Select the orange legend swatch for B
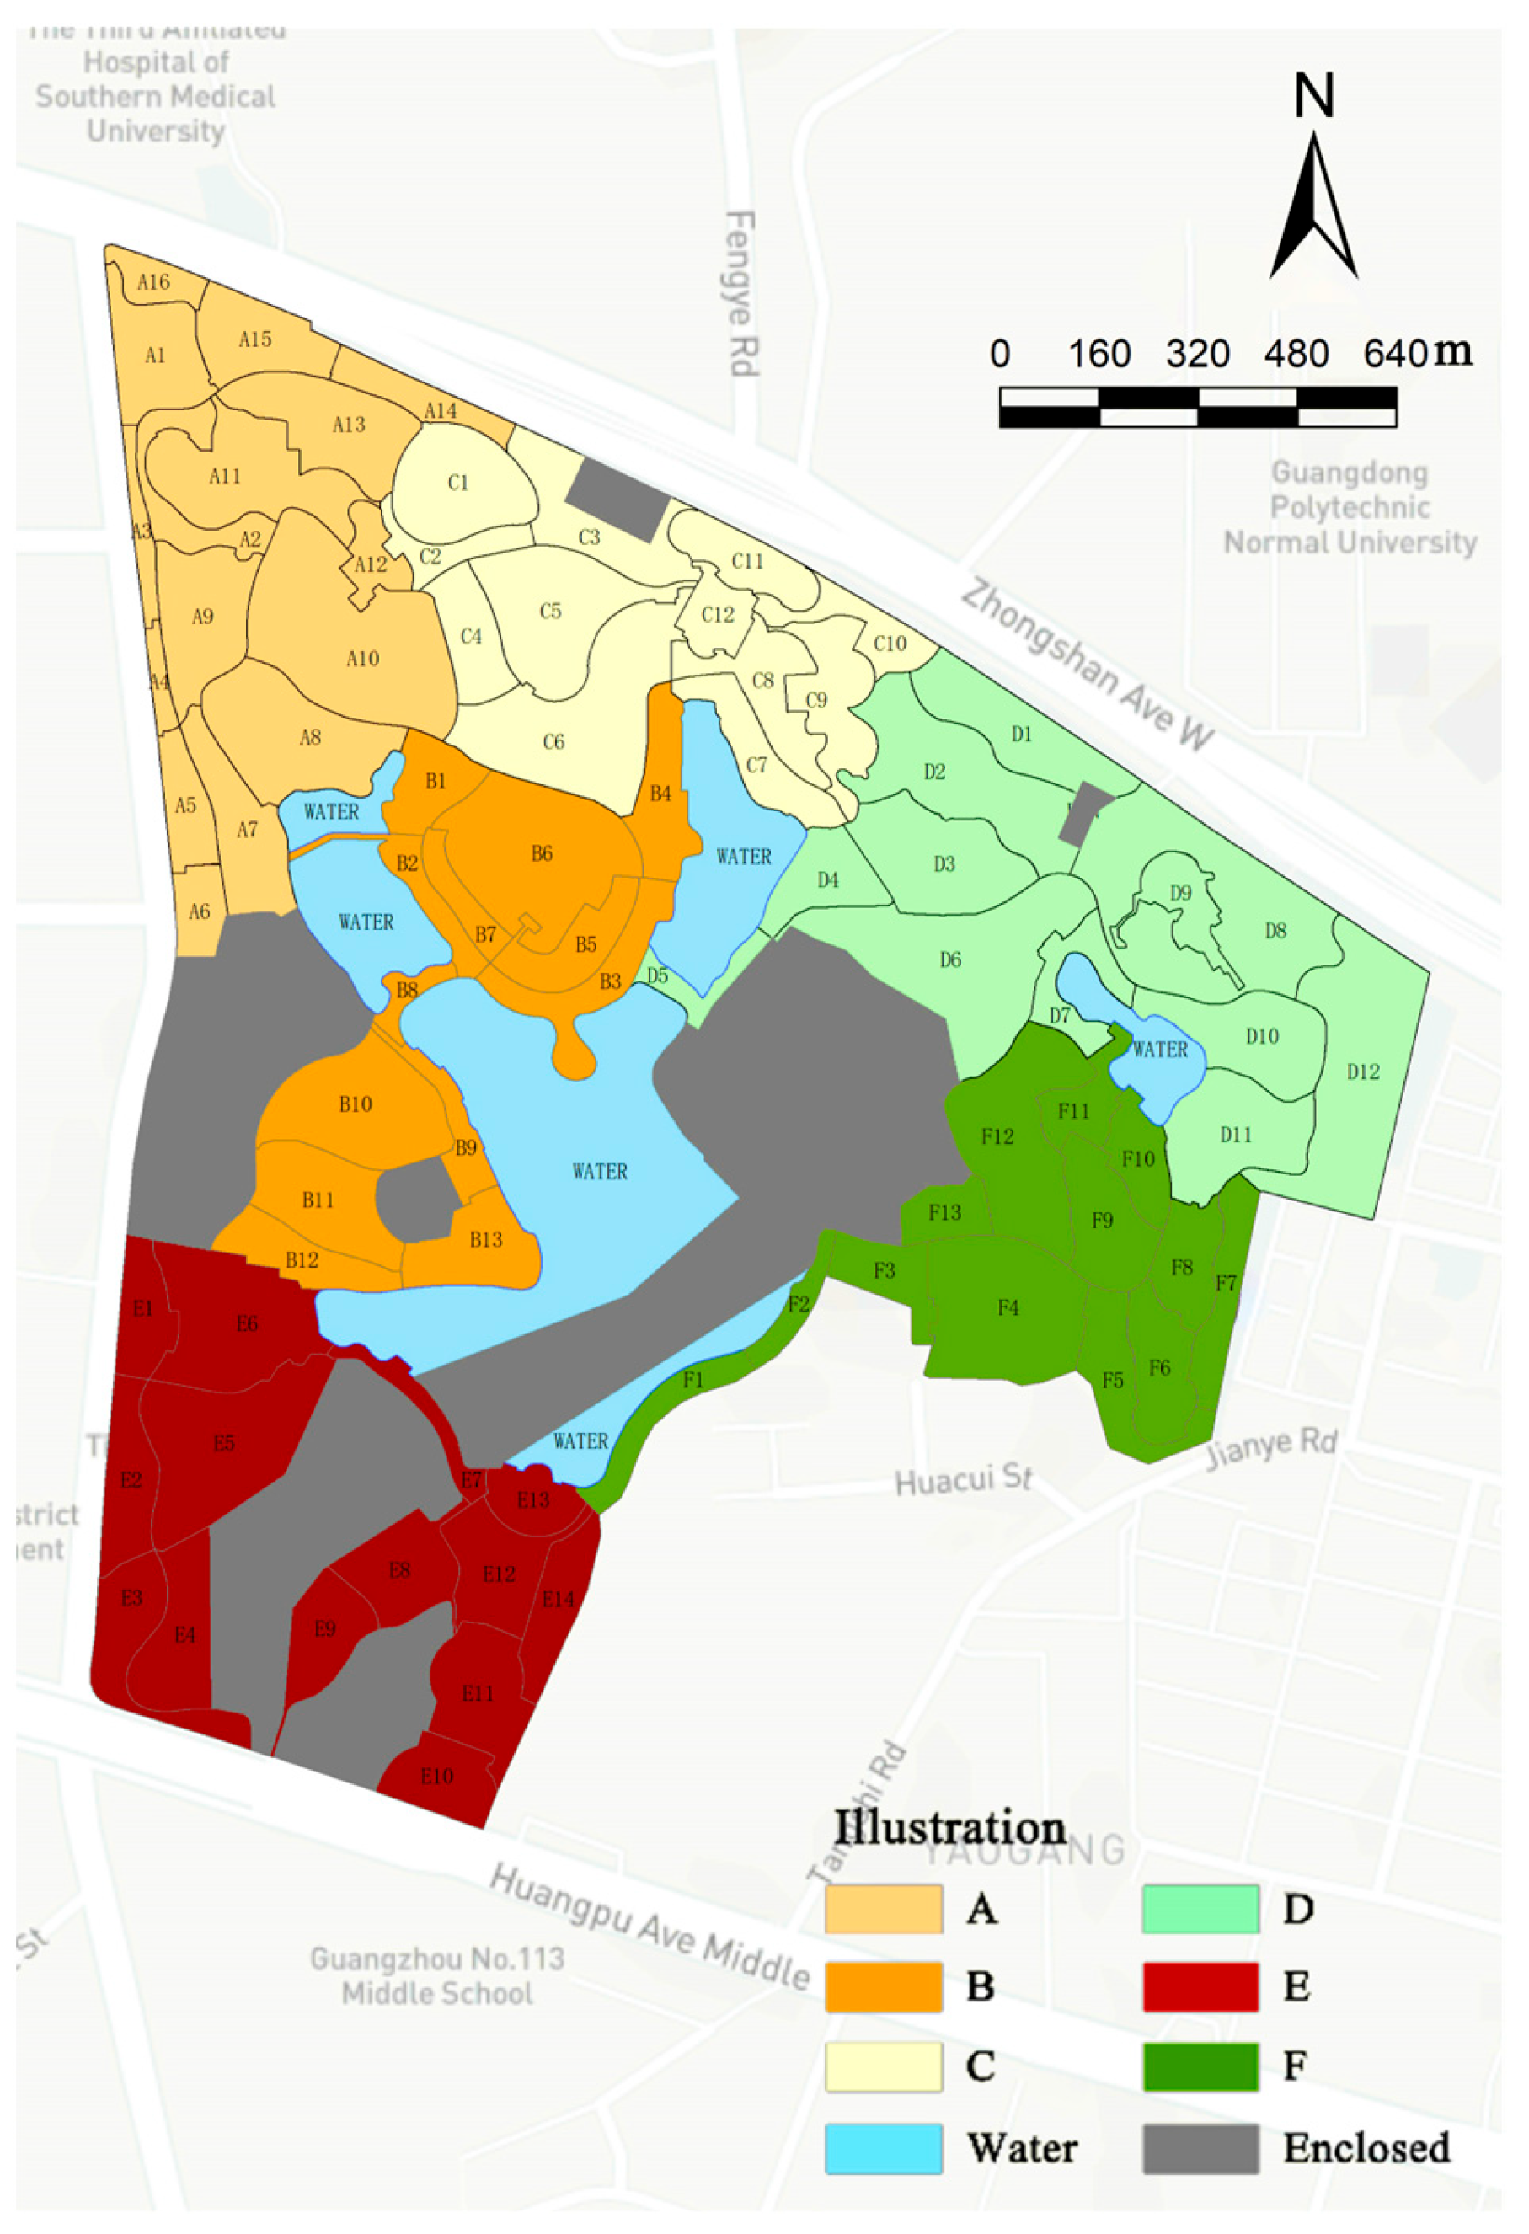tap(883, 1987)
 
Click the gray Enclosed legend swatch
tap(1200, 2148)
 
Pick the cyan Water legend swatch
tap(883, 2148)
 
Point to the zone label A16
tap(154, 281)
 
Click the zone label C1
tap(458, 483)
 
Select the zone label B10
tap(356, 1104)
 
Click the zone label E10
tap(437, 1777)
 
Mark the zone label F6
tap(1160, 1368)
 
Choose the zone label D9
tap(1180, 893)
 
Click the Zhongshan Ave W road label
tap(1088, 663)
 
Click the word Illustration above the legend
tap(949, 1827)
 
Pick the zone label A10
tap(362, 659)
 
